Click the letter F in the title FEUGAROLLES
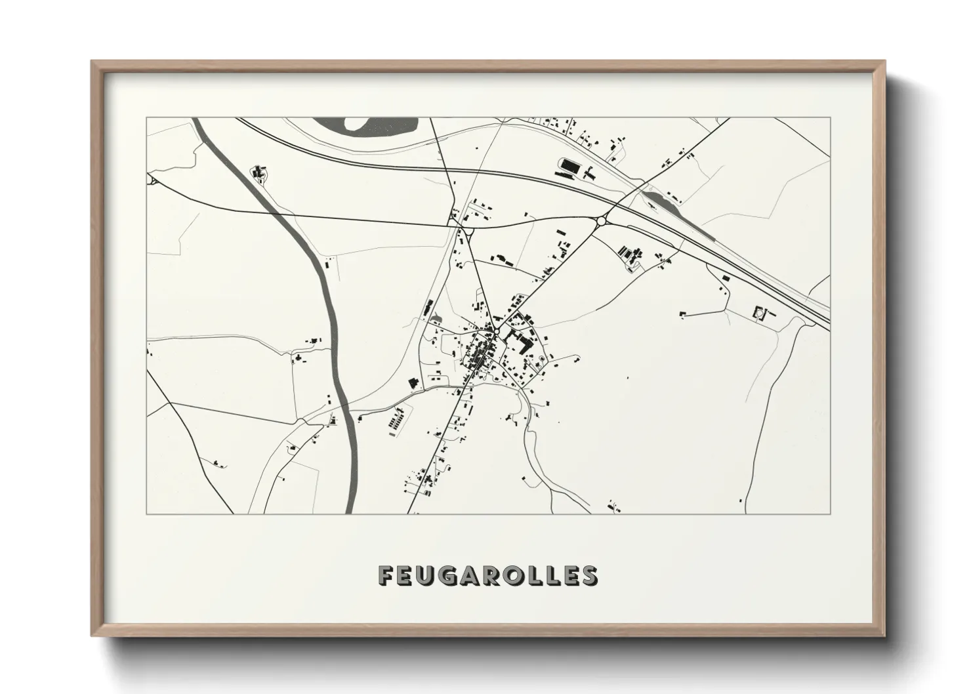386,575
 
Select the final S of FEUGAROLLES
589,575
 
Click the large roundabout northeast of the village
601,222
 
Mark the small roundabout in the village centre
497,333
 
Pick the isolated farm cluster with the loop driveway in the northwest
260,173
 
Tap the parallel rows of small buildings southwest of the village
396,420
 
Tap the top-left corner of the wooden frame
93,63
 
